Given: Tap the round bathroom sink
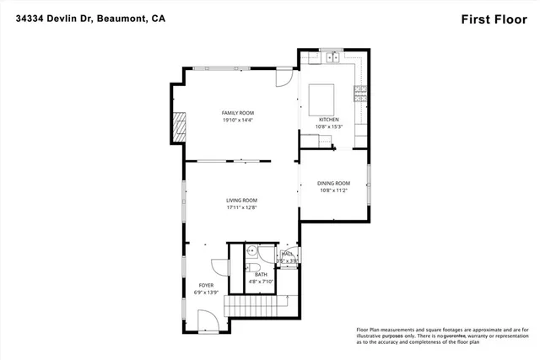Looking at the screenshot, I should [251, 251].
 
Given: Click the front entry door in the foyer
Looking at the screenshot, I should [208, 319].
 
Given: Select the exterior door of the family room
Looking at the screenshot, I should [286, 78].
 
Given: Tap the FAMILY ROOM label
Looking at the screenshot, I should [237, 113].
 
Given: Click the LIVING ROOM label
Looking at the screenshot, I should [240, 200].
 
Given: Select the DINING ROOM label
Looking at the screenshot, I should [333, 183].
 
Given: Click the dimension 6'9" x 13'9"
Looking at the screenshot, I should [206, 293].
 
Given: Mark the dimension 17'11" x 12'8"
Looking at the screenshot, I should [240, 207].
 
